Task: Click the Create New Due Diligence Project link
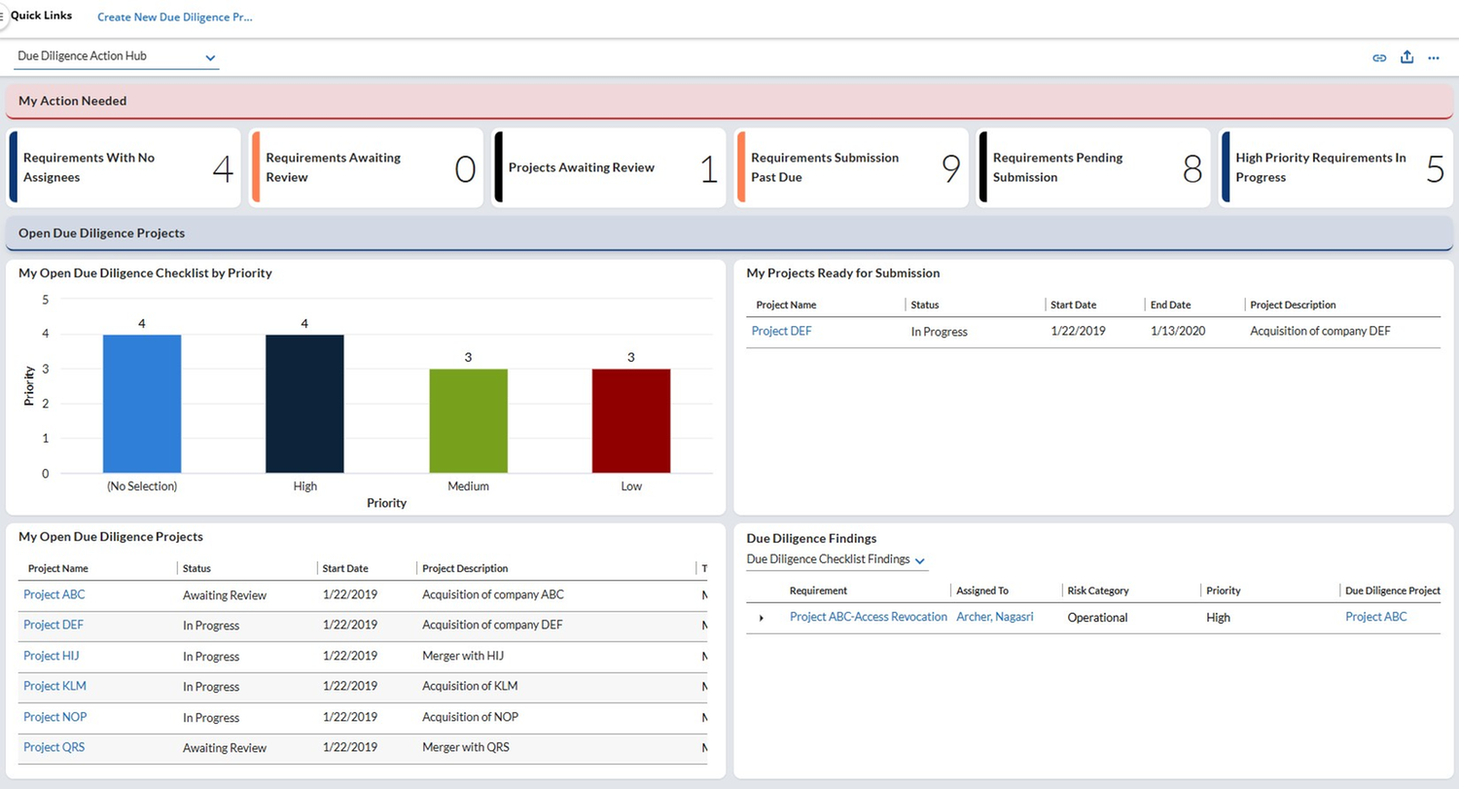[x=174, y=17]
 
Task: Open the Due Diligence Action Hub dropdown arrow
[x=210, y=58]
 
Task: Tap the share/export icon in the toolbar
[x=1406, y=57]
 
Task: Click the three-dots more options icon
[x=1434, y=58]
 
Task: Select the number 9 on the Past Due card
[x=951, y=168]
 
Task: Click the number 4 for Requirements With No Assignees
[x=223, y=168]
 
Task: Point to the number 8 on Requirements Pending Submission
[x=1192, y=168]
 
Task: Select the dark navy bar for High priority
[x=304, y=404]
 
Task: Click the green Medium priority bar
[x=468, y=421]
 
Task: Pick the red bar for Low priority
[x=631, y=421]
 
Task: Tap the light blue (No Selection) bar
[x=142, y=404]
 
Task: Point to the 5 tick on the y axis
[x=46, y=300]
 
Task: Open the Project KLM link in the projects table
[x=54, y=686]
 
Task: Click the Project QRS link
[x=54, y=747]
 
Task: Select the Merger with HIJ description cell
[x=463, y=656]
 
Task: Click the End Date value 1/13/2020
[x=1178, y=331]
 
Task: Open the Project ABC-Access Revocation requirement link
[x=869, y=617]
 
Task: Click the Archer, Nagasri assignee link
[x=995, y=617]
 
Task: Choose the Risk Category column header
[x=1097, y=591]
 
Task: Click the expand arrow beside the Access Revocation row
[x=761, y=618]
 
